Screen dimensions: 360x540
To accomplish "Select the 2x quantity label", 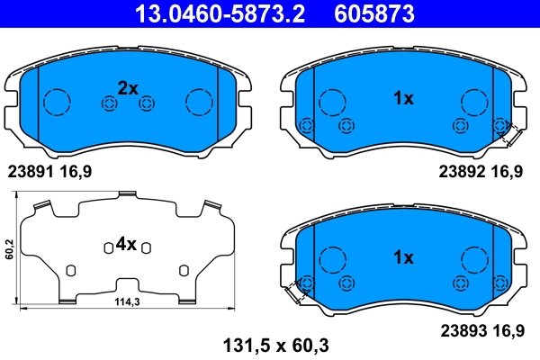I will point(128,88).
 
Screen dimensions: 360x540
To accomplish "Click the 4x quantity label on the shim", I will point(125,244).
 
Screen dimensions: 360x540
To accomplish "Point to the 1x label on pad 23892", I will point(402,99).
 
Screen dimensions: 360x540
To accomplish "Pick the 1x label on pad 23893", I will point(402,258).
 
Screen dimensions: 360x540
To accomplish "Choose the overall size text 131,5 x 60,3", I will point(269,342).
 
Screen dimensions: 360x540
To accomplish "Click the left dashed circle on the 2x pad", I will point(58,101).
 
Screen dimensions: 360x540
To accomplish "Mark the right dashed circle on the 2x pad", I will point(197,101).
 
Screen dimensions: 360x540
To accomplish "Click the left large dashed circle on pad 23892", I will point(333,101).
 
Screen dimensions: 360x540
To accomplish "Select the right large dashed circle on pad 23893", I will point(473,260).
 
